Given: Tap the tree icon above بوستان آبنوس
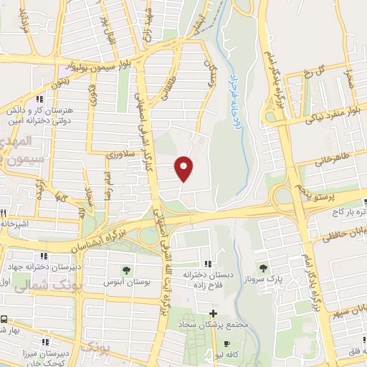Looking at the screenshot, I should click(126, 270).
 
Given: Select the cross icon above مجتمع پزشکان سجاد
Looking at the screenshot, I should click(213, 313).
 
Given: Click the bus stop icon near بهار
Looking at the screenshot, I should click(4, 319).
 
